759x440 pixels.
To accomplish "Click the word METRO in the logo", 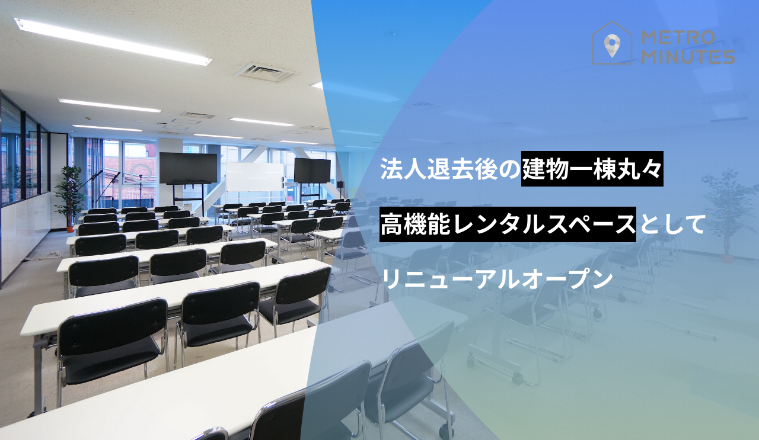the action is pyautogui.click(x=678, y=37).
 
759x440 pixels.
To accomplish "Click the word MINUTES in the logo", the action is pyautogui.click(x=688, y=57).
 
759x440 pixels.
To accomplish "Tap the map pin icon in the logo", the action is pyautogui.click(x=612, y=46).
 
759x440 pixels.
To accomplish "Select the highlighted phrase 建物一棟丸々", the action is pyautogui.click(x=592, y=169).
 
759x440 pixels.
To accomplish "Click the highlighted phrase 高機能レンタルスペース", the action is pyautogui.click(x=508, y=224).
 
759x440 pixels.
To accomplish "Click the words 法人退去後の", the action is pyautogui.click(x=450, y=169).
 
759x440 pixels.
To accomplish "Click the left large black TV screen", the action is pyautogui.click(x=188, y=168).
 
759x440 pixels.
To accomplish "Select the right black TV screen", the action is pyautogui.click(x=312, y=170).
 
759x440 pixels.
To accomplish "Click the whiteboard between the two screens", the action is pyautogui.click(x=255, y=176).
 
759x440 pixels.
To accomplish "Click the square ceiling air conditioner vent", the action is pyautogui.click(x=266, y=72).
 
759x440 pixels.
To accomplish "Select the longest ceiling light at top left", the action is pyautogui.click(x=113, y=41).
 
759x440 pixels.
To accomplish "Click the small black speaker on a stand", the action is pyautogui.click(x=340, y=184).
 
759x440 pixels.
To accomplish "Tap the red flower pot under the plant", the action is pyautogui.click(x=70, y=229).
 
